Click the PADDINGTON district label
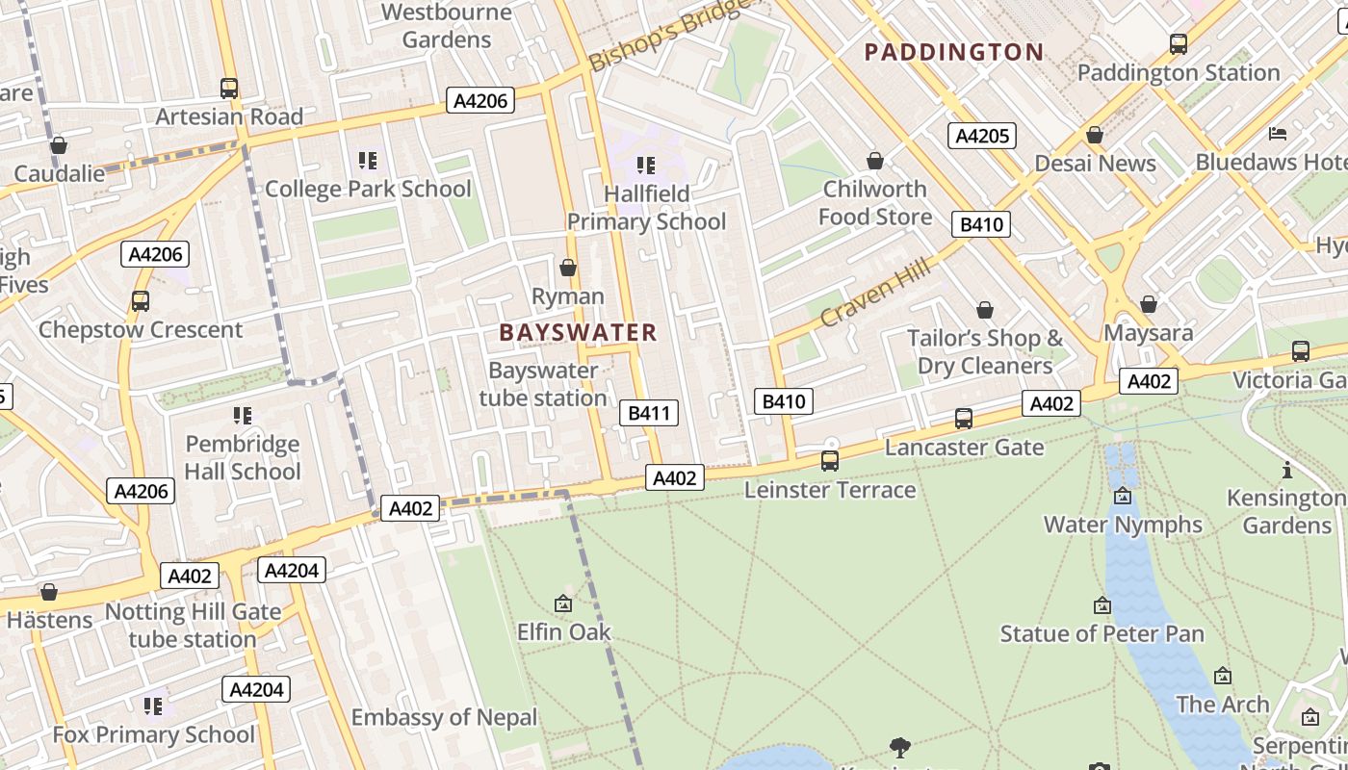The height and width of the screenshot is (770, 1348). pyautogui.click(x=953, y=52)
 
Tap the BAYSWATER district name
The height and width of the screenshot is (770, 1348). pyautogui.click(x=578, y=333)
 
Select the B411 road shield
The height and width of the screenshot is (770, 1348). pyautogui.click(x=648, y=414)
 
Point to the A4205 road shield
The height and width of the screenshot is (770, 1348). pyautogui.click(x=982, y=136)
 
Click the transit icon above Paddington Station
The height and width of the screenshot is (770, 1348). pyautogui.click(x=1178, y=43)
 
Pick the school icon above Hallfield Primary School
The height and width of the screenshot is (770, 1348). pyautogui.click(x=645, y=166)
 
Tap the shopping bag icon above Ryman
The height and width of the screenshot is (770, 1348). pyautogui.click(x=568, y=267)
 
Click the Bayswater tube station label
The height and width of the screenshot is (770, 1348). pyautogui.click(x=543, y=384)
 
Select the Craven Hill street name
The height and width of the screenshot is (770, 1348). pyautogui.click(x=875, y=293)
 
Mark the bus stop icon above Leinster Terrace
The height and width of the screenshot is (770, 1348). pyautogui.click(x=830, y=461)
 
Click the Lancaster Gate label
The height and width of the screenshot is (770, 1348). pyautogui.click(x=964, y=448)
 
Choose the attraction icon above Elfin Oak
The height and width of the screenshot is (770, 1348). pyautogui.click(x=563, y=603)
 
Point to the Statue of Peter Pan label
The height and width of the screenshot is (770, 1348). pyautogui.click(x=1102, y=633)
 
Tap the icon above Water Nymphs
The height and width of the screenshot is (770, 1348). pyautogui.click(x=1123, y=496)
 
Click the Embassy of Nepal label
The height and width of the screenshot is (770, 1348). pyautogui.click(x=444, y=717)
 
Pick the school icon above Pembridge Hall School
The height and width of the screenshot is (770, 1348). pyautogui.click(x=242, y=416)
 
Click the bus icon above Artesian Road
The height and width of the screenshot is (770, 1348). pyautogui.click(x=229, y=89)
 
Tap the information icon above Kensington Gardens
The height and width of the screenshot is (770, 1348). pyautogui.click(x=1287, y=470)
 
